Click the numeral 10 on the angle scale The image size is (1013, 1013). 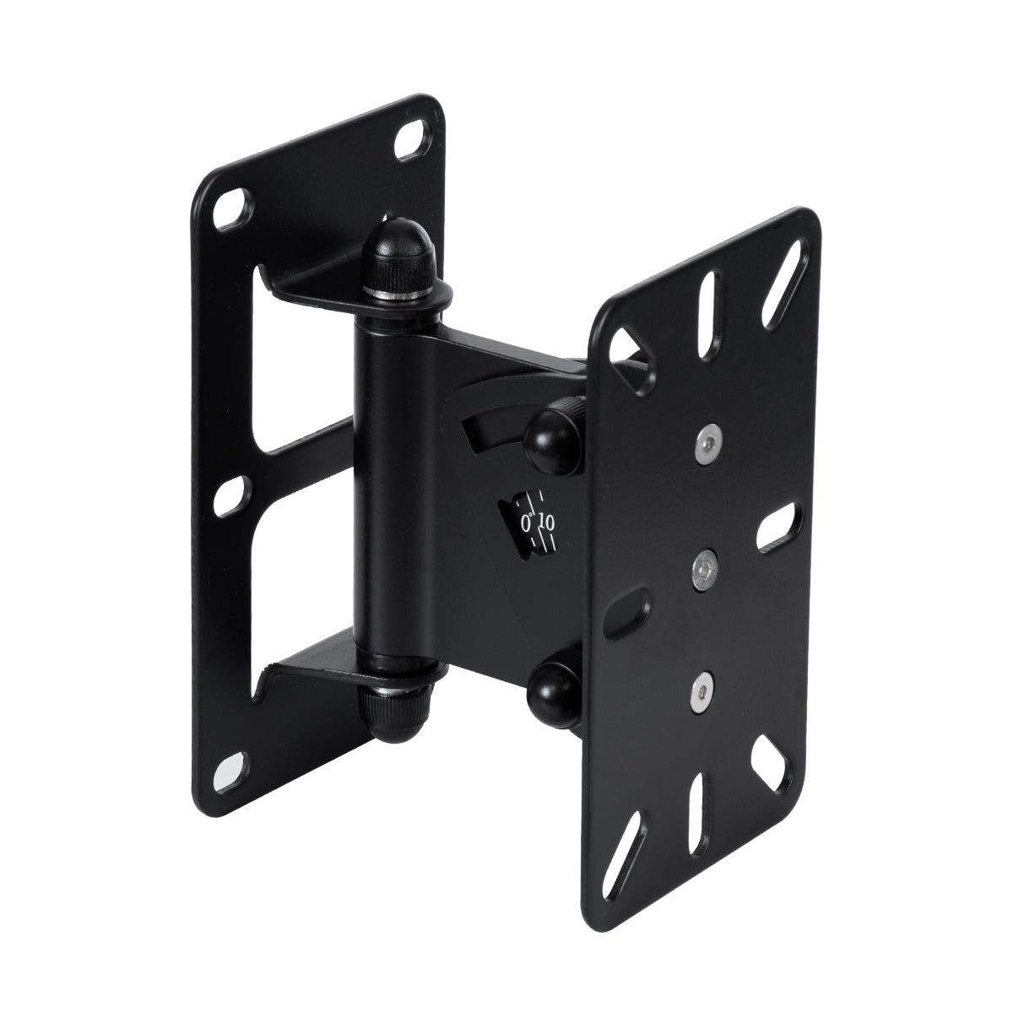tap(546, 523)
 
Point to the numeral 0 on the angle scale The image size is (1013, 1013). tap(528, 523)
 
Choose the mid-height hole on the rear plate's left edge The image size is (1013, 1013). tap(230, 496)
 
